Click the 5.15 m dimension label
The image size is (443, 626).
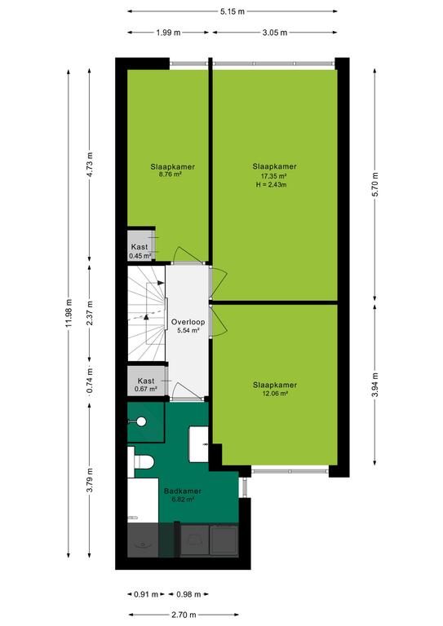point(232,11)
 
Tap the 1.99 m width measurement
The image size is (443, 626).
point(168,33)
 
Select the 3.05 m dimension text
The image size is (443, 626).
point(275,33)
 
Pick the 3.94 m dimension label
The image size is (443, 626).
point(375,385)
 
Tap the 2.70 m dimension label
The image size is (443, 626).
point(184,615)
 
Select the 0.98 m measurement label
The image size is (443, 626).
point(188,594)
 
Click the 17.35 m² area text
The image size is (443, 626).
point(274,176)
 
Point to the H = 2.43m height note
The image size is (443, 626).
point(271,184)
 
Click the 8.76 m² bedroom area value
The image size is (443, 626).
point(171,174)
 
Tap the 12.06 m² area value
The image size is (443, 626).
point(275,393)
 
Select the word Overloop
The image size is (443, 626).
point(188,322)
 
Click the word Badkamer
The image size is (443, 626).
point(183,492)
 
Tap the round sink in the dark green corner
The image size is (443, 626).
point(141,421)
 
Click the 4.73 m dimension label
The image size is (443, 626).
point(90,165)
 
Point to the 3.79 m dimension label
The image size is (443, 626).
point(90,479)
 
